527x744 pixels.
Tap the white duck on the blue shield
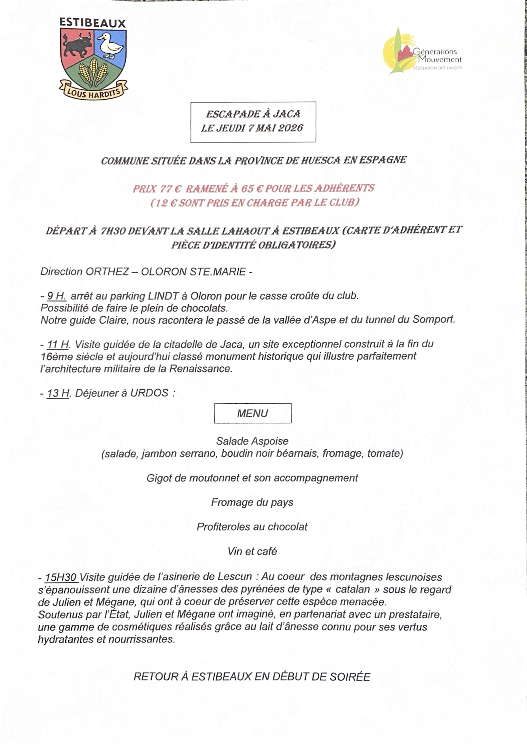(x=110, y=45)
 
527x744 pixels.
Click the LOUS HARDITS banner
(x=93, y=92)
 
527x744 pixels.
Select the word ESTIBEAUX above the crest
(x=93, y=23)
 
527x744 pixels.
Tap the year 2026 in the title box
(x=290, y=128)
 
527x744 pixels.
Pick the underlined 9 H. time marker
(x=56, y=296)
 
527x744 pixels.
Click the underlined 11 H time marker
(x=58, y=344)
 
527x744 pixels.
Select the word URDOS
(x=149, y=393)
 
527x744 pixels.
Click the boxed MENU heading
(x=252, y=413)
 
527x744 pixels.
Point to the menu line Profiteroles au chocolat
(x=252, y=526)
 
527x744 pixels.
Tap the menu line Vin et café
(x=252, y=551)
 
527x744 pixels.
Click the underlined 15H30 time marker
(x=61, y=577)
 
